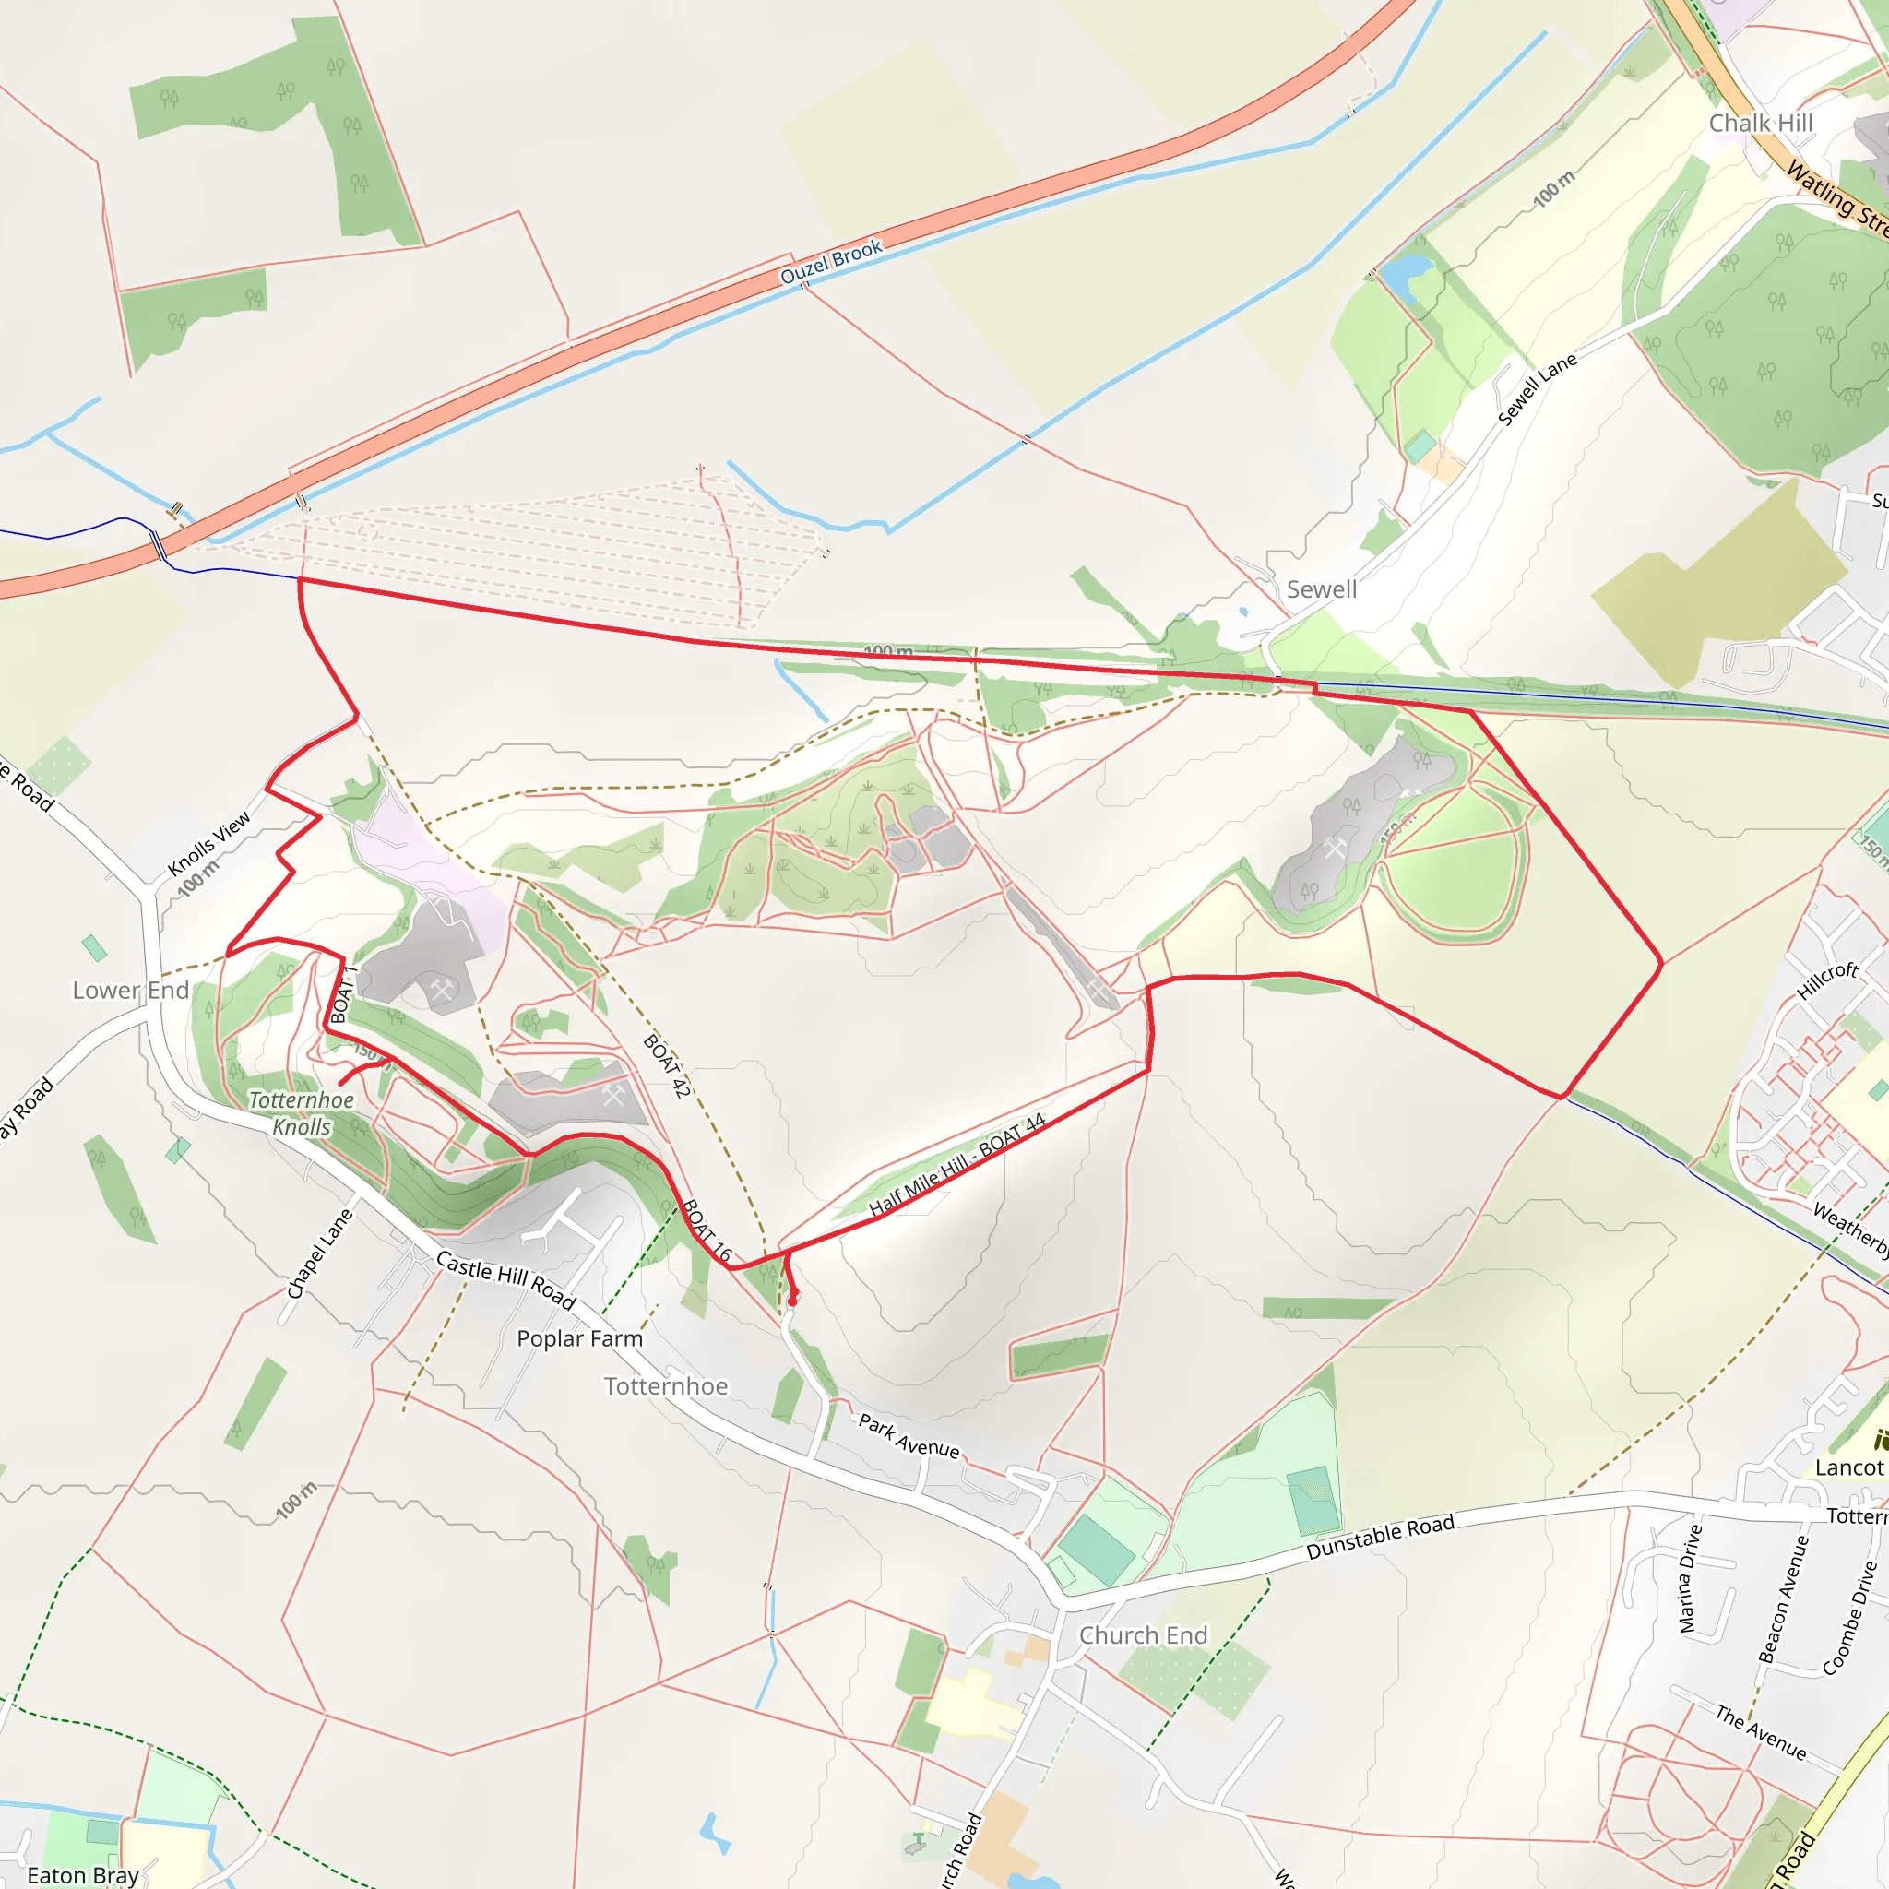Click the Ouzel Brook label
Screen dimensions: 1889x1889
click(x=831, y=262)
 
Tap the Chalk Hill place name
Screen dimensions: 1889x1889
click(x=1760, y=124)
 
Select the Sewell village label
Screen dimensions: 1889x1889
click(x=1321, y=589)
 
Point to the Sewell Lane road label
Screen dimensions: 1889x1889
click(x=1537, y=388)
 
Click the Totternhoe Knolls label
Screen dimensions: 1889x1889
click(x=301, y=1113)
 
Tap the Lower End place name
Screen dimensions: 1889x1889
click(x=131, y=991)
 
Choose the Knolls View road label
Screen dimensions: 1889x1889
click(x=209, y=843)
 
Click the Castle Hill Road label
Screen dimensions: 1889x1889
click(x=505, y=1279)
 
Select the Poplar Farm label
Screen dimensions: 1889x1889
click(x=580, y=1338)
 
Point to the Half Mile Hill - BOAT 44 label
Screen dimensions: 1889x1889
click(x=957, y=1165)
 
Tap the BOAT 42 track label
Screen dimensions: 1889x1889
click(x=667, y=1065)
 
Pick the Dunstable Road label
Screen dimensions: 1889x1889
click(x=1380, y=1537)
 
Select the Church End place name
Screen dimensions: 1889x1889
click(x=1143, y=1634)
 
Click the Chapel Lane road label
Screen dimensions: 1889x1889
click(x=320, y=1253)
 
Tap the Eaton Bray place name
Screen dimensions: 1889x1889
click(x=83, y=1875)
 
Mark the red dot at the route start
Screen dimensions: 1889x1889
click(x=793, y=1301)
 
